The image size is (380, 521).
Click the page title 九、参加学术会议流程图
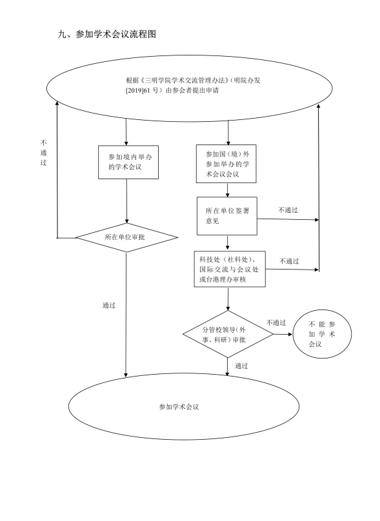coord(107,34)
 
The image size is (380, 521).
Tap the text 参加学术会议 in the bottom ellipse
coord(179,407)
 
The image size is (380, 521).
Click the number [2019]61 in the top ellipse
coord(138,90)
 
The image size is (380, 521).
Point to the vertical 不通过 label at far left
coord(44,153)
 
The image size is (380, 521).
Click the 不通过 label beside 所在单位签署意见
coord(288,210)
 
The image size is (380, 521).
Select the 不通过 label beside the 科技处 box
coord(289,261)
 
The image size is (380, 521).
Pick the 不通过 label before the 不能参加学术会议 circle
coord(276,322)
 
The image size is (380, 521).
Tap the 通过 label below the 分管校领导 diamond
coord(241,366)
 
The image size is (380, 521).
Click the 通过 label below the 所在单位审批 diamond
coord(109,305)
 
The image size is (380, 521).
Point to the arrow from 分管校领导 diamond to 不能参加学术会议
coord(283,334)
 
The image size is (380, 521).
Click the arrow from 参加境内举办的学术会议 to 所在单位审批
coord(126,201)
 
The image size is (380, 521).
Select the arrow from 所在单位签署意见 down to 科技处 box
coord(227,243)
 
